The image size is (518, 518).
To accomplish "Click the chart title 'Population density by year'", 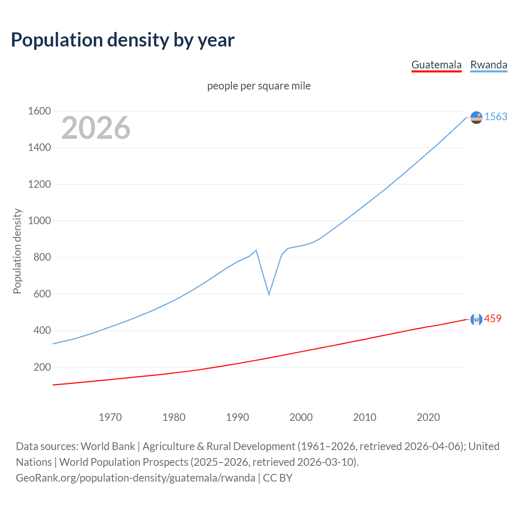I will tap(123, 40).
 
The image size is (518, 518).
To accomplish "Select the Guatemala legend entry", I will tap(436, 65).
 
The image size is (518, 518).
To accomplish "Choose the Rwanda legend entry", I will tap(488, 65).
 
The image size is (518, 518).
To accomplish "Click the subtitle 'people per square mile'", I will tap(259, 86).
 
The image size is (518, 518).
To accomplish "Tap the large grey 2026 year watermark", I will tap(96, 128).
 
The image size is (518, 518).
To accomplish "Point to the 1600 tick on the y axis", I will tap(39, 111).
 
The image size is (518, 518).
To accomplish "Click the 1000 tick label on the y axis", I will tap(39, 221).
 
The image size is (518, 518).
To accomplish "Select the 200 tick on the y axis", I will tap(42, 367).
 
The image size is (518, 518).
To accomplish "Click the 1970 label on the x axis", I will tap(110, 417).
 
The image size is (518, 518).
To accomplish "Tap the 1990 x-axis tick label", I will tap(238, 417).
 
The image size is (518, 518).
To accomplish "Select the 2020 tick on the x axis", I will tap(428, 417).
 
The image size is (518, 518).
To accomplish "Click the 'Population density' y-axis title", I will tap(17, 251).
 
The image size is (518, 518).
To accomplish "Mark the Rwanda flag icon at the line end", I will tap(476, 117).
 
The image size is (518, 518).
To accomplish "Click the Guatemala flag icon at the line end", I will tap(476, 319).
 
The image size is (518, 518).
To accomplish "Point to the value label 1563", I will tap(496, 117).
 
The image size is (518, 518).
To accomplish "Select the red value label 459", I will tap(493, 318).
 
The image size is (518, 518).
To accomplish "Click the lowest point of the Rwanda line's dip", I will tap(269, 294).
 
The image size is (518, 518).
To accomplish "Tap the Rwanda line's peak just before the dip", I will tap(256, 250).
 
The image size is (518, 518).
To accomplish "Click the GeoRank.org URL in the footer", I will tap(136, 478).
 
